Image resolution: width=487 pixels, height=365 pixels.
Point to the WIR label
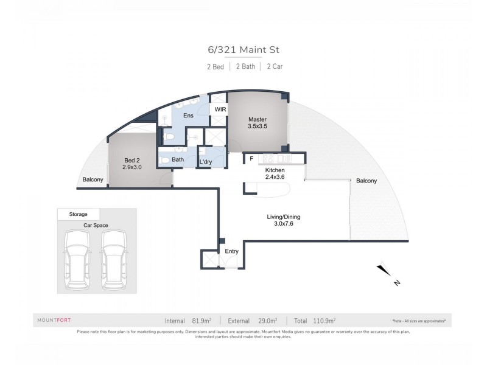pyautogui.click(x=218, y=110)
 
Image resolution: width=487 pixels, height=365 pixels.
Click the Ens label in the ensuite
pyautogui.click(x=189, y=115)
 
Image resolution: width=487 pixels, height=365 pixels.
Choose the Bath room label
pyautogui.click(x=178, y=160)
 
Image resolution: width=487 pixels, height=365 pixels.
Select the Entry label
pyautogui.click(x=232, y=251)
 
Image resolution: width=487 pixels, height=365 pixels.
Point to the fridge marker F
pyautogui.click(x=251, y=159)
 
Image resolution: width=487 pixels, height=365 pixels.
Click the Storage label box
pyautogui.click(x=78, y=214)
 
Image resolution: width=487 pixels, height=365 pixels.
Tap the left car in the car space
pyautogui.click(x=75, y=259)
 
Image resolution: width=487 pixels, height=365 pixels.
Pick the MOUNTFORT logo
pyautogui.click(x=54, y=320)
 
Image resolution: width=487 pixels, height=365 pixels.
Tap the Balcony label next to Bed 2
pyautogui.click(x=93, y=179)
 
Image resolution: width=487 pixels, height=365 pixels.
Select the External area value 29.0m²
pyautogui.click(x=266, y=320)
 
